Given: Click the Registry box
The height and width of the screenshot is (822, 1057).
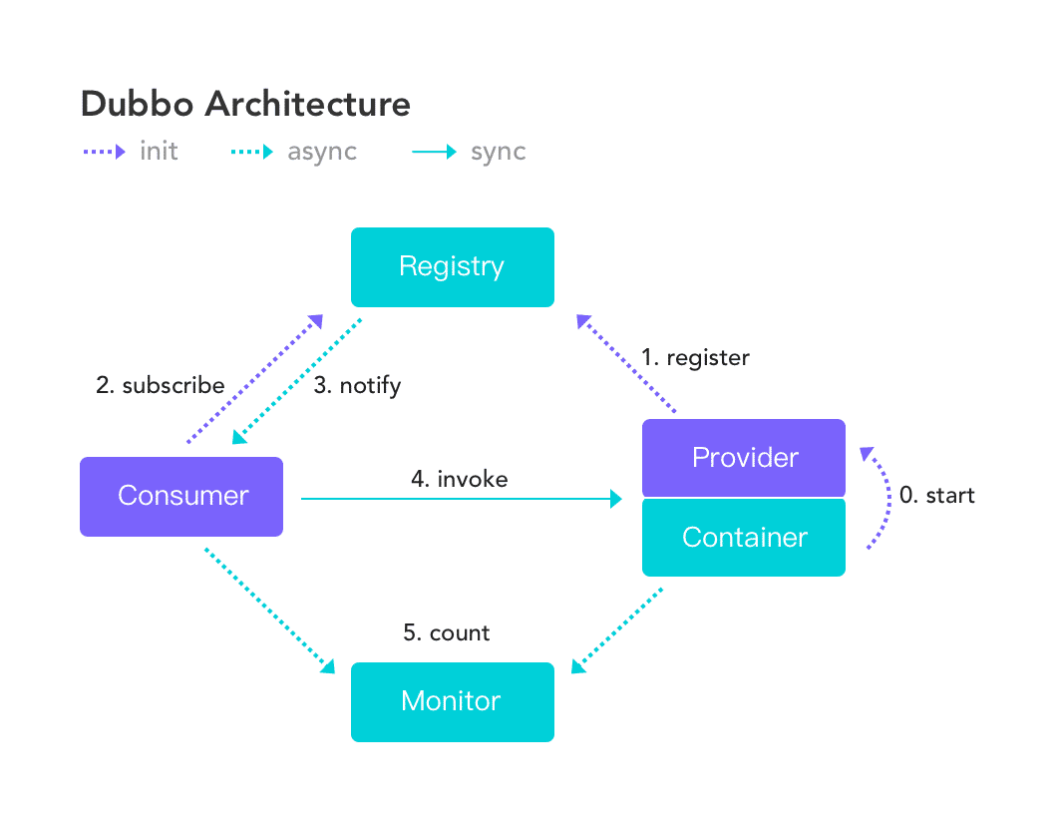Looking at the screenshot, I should [x=452, y=266].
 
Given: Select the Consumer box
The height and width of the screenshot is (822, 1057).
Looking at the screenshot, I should [x=181, y=496].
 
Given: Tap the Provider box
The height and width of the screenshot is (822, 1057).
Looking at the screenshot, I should [x=744, y=458].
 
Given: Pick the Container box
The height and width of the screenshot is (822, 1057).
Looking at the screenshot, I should [x=744, y=538].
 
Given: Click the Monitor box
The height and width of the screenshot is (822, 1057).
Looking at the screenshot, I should [x=452, y=701].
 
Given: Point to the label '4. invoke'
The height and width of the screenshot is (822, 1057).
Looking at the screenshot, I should [x=459, y=479].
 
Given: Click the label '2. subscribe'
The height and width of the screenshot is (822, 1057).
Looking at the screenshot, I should [x=160, y=385].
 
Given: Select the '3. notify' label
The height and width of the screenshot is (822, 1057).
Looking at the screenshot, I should [x=357, y=385].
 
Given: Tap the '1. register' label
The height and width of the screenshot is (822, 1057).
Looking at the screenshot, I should [x=695, y=357].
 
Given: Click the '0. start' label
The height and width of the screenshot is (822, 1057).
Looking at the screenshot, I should [x=936, y=495].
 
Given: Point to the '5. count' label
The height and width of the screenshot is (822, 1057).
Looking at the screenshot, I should [x=447, y=632].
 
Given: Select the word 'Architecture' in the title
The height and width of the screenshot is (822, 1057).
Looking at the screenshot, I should [x=313, y=105].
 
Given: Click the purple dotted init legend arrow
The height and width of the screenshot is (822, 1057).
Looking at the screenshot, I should [x=103, y=153].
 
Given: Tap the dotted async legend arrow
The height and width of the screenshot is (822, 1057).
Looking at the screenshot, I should [x=249, y=153].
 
